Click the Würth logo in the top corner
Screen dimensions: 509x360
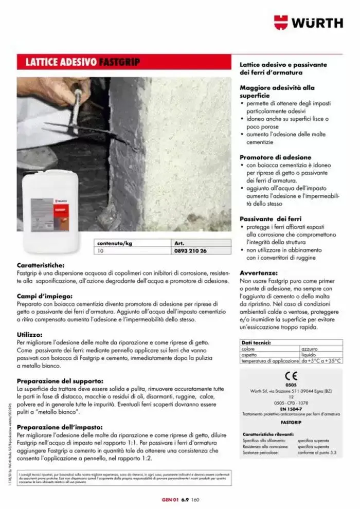pyautogui.click(x=308, y=23)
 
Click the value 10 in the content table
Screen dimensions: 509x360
pyautogui.click(x=101, y=251)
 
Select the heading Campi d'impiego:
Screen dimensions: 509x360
pyautogui.click(x=47, y=297)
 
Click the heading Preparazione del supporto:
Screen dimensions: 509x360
pyautogui.click(x=60, y=381)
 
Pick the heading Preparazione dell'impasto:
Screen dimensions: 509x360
pyautogui.click(x=60, y=427)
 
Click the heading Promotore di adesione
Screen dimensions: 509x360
pyautogui.click(x=275, y=157)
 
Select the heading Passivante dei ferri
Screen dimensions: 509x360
pyautogui.click(x=271, y=219)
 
